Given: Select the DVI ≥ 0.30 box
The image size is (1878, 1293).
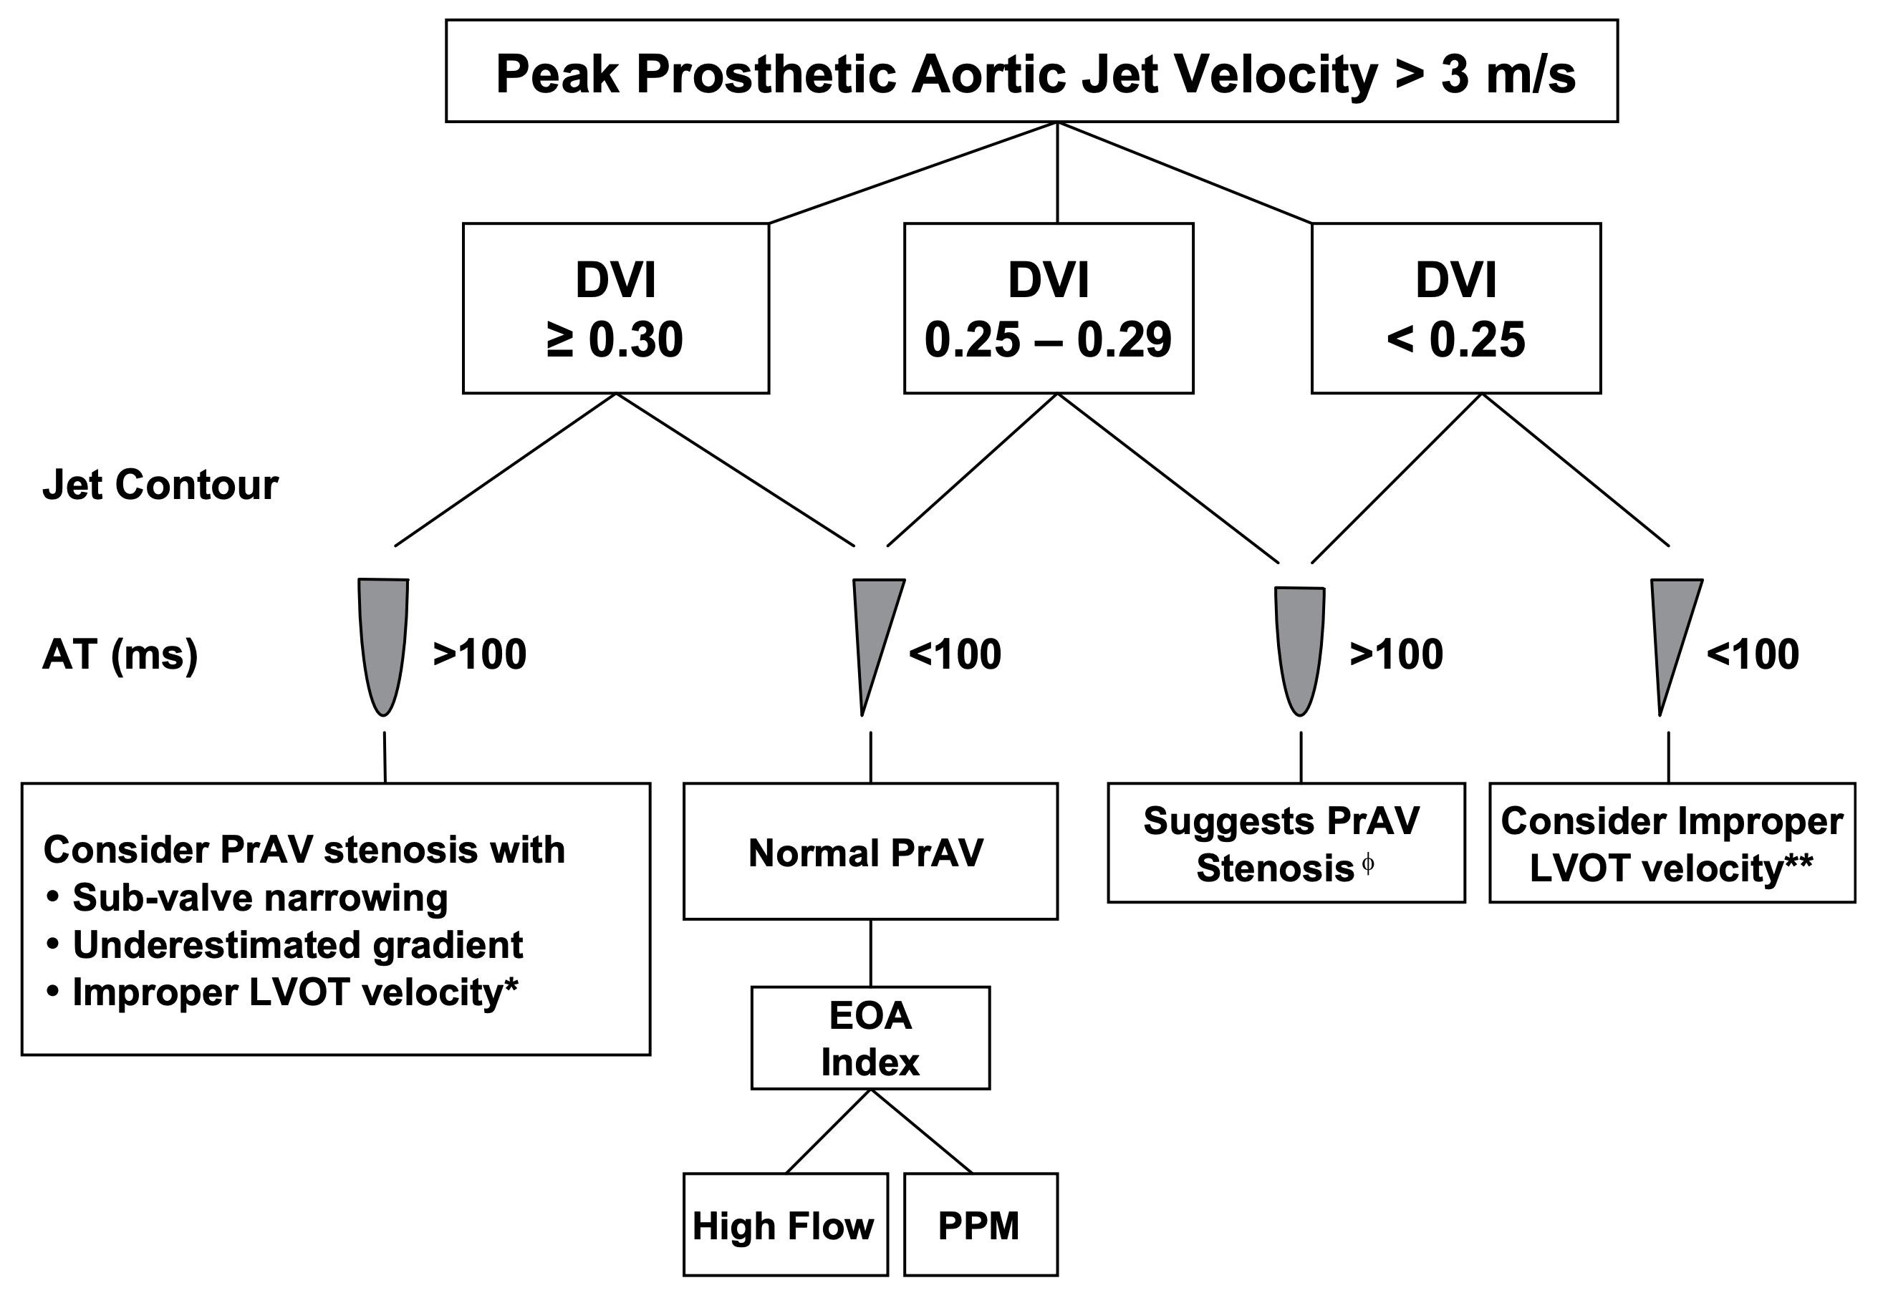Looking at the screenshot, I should click(x=615, y=309).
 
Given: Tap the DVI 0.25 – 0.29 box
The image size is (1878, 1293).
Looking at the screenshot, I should click(x=1048, y=309).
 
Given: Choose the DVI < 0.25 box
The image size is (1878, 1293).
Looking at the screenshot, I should click(x=1455, y=309).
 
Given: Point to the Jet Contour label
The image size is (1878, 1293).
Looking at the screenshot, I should click(x=160, y=485).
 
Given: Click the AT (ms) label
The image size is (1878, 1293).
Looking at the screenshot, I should click(x=120, y=654).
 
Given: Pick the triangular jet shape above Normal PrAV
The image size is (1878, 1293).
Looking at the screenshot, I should click(x=873, y=632).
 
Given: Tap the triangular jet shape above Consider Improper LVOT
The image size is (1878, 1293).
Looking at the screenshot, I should click(x=1670, y=632).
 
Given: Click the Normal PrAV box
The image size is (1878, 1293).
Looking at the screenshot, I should click(x=870, y=851).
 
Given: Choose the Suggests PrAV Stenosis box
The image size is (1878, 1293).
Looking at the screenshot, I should click(x=1286, y=843).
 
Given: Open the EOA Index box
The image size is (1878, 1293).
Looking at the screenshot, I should click(x=870, y=1038).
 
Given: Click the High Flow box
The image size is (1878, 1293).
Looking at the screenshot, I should click(x=784, y=1225).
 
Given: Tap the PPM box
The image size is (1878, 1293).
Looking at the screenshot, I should click(x=980, y=1225).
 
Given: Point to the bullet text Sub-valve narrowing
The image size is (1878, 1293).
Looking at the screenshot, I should click(x=259, y=898).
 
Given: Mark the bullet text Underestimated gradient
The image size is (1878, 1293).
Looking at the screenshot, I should click(x=297, y=944).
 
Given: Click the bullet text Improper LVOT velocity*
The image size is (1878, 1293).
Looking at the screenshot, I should click(x=295, y=992).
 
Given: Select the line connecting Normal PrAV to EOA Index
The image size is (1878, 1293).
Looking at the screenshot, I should click(x=870, y=953).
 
